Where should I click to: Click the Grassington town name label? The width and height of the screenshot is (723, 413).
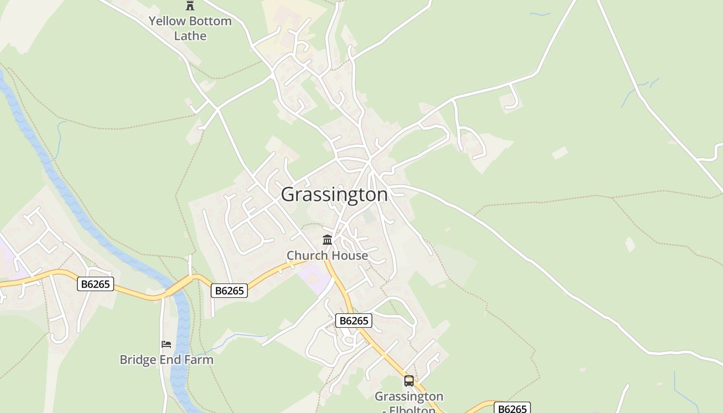[x=334, y=195]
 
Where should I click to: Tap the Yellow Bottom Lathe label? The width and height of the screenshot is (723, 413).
[x=190, y=28]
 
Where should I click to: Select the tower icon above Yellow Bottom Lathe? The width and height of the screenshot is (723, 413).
[x=190, y=6]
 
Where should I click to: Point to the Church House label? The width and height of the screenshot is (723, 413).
[x=327, y=256]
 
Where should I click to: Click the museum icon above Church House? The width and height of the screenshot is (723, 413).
[x=327, y=240]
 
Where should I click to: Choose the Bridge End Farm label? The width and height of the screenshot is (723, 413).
[x=166, y=359]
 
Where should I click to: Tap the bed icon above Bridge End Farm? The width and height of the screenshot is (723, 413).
[x=166, y=344]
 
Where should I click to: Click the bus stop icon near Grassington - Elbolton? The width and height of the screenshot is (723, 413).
[x=409, y=381]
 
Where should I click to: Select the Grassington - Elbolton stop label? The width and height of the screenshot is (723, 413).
[x=409, y=403]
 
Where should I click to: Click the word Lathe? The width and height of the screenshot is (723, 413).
[x=190, y=36]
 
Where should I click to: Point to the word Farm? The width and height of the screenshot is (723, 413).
[x=199, y=359]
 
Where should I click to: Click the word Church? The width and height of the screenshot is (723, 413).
[x=307, y=256]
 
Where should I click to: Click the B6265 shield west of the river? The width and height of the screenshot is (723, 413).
[x=96, y=284]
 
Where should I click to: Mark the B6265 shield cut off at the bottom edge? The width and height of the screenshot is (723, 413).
[x=512, y=408]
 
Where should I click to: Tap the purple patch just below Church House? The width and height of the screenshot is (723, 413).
[x=315, y=276]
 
